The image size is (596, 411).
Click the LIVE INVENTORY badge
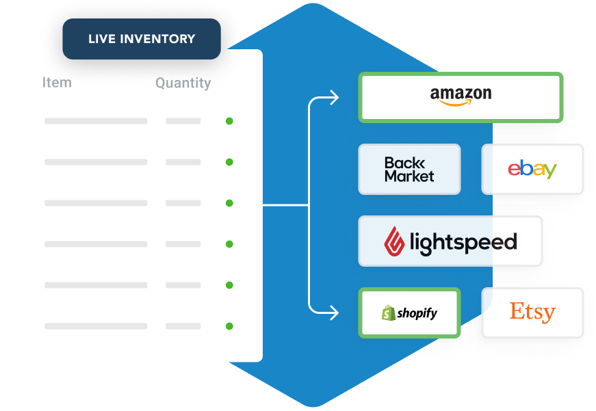[x=142, y=39]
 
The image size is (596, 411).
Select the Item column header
[x=57, y=83]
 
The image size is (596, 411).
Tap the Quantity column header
[x=183, y=83]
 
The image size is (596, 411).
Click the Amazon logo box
[x=461, y=98]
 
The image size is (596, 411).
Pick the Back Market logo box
[x=409, y=169]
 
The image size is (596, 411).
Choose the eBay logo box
[x=532, y=169]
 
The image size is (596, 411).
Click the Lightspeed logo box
[x=450, y=241]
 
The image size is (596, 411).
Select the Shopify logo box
[x=409, y=313]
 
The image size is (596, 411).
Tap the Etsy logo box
[x=532, y=313]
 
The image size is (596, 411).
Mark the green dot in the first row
[x=229, y=121]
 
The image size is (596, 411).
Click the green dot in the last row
[x=229, y=326]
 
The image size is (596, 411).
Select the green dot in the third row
[x=229, y=203]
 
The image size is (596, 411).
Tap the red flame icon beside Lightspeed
[x=393, y=241]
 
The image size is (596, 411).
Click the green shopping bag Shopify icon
[x=388, y=313]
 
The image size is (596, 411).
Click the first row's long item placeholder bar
[x=96, y=121]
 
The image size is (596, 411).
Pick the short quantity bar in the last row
[x=183, y=326]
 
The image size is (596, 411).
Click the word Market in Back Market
[x=409, y=176]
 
